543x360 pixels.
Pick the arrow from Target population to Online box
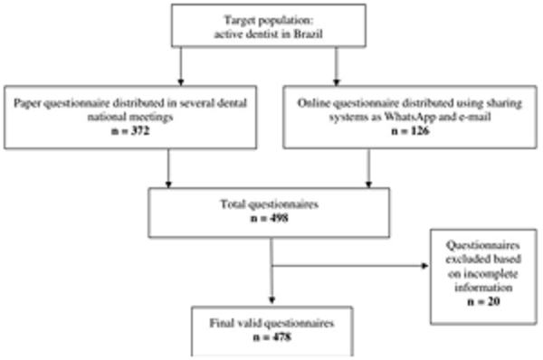pos(337,67)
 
